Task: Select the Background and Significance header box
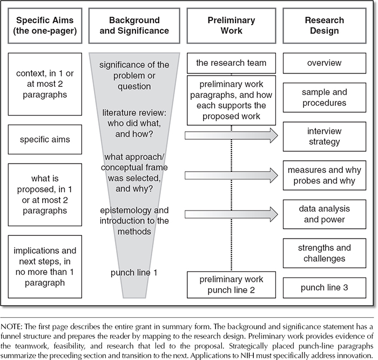(x=134, y=26)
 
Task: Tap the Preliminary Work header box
(x=231, y=26)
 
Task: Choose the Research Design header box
(x=324, y=26)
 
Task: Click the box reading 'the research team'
(x=231, y=63)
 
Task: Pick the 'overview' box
(x=324, y=63)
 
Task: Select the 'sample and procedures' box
(x=324, y=98)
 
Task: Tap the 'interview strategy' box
(x=324, y=137)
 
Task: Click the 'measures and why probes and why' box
(x=324, y=175)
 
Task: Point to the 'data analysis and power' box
(x=324, y=214)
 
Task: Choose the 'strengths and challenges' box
(x=324, y=253)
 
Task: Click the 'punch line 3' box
(x=324, y=288)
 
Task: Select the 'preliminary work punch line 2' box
(x=231, y=284)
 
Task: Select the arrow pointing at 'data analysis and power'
(x=231, y=214)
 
